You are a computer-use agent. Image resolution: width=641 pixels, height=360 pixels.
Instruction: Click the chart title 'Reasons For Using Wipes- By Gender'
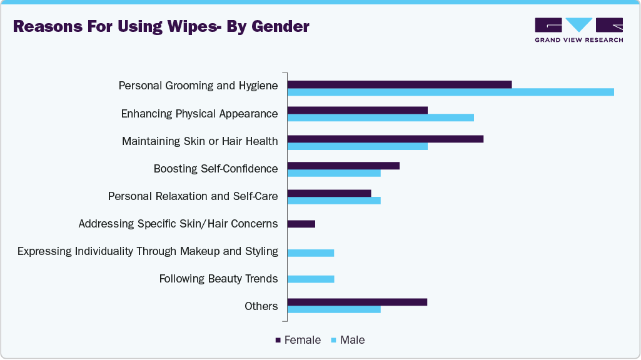(x=161, y=27)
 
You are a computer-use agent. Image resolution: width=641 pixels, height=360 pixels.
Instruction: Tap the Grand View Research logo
(x=578, y=29)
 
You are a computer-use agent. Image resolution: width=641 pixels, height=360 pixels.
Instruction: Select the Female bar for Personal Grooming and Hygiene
(x=399, y=84)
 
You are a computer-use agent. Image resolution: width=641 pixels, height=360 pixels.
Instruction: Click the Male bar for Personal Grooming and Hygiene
(x=450, y=92)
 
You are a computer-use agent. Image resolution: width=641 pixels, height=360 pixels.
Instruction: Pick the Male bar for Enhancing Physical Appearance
(x=380, y=117)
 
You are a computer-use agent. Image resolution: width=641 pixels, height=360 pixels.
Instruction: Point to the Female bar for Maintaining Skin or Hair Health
(x=385, y=138)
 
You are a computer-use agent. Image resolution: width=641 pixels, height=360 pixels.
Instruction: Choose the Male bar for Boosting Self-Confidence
(x=333, y=173)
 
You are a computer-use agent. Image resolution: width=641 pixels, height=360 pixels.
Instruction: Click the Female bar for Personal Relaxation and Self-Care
(x=329, y=192)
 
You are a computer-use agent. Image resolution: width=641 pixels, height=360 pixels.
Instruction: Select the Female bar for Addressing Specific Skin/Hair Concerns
(x=301, y=224)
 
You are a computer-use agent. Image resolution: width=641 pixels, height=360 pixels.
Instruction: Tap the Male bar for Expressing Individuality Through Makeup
(x=310, y=253)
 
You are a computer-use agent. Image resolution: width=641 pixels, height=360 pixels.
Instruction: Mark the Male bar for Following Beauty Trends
(x=310, y=279)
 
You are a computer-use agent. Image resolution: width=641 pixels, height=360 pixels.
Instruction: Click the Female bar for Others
(x=357, y=302)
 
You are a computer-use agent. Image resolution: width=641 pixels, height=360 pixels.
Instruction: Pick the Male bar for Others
(x=333, y=309)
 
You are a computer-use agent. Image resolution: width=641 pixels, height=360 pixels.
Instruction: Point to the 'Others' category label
(x=261, y=306)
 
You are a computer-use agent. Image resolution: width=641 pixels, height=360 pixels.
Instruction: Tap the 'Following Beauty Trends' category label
(x=218, y=279)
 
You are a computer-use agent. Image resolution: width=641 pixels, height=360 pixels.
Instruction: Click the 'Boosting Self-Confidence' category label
(x=215, y=169)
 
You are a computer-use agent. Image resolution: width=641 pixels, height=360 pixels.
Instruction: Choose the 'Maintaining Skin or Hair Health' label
(x=199, y=141)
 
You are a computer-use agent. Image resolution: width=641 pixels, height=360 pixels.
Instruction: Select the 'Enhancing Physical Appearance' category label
(x=199, y=114)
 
